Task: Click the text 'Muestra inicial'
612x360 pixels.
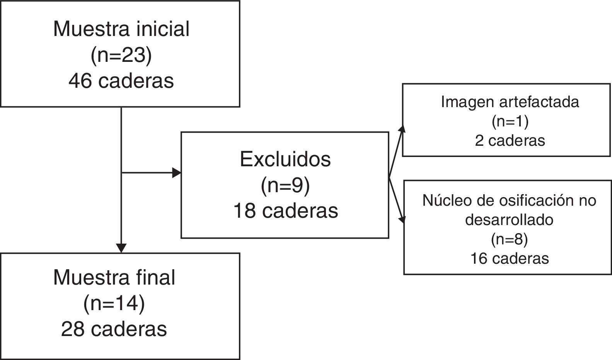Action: coord(121,29)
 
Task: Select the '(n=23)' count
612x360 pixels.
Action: coord(121,55)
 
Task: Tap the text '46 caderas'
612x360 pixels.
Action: coord(121,81)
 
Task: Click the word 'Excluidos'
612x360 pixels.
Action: coord(285,159)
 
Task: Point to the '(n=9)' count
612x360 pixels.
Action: coord(285,186)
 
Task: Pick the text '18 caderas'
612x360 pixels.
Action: coord(285,211)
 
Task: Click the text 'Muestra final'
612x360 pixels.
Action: coord(114,277)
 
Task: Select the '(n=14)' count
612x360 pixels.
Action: coord(114,304)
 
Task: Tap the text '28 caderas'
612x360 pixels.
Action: coord(114,329)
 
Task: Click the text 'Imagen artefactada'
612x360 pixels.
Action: coord(510,102)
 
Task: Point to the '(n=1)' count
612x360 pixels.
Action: coord(510,121)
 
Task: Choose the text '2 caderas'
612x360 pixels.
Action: coord(510,140)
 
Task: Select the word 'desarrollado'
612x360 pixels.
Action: coord(509,220)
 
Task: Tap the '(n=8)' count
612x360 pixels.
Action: coord(509,240)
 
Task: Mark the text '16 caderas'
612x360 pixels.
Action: coord(509,258)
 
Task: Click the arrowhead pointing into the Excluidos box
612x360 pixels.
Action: coord(177,173)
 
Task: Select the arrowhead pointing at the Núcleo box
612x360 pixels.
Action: coord(403,219)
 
